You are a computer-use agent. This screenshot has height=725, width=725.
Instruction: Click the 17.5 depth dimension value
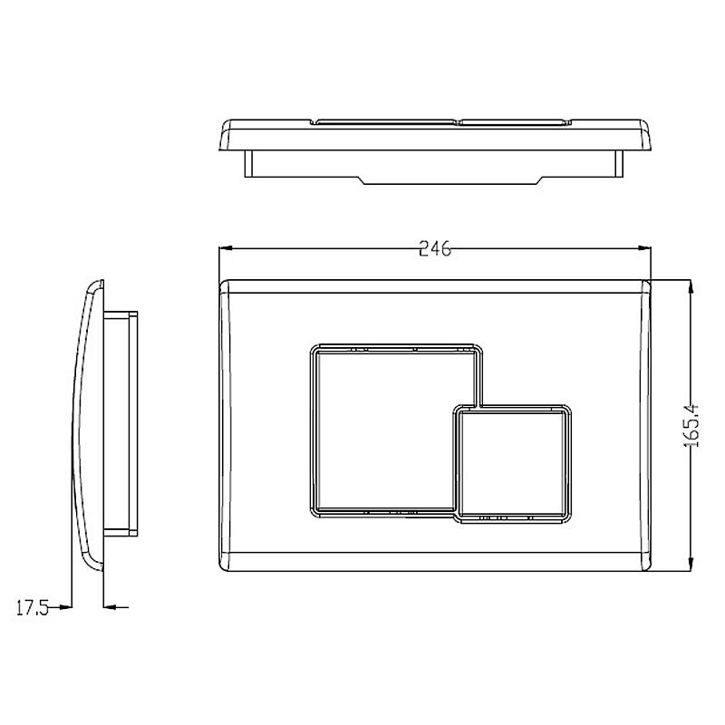(x=32, y=607)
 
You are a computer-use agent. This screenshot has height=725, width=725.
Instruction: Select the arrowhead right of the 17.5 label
(x=64, y=607)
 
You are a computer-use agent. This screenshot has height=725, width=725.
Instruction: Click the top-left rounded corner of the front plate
(x=227, y=285)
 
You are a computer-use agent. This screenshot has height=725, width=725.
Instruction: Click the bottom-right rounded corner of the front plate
(x=645, y=565)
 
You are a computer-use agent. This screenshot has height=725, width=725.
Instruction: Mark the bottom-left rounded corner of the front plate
(x=227, y=565)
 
